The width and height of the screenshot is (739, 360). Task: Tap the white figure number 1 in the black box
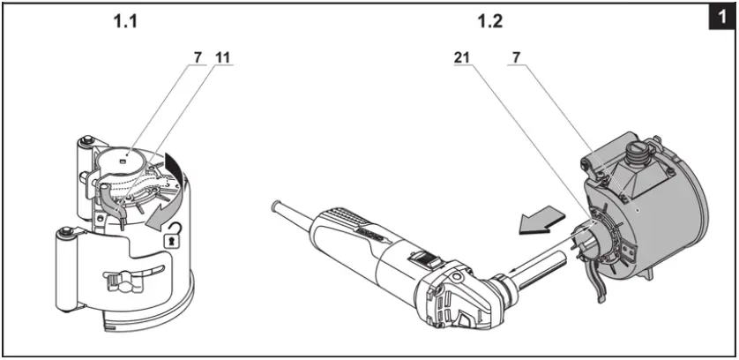723,16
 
